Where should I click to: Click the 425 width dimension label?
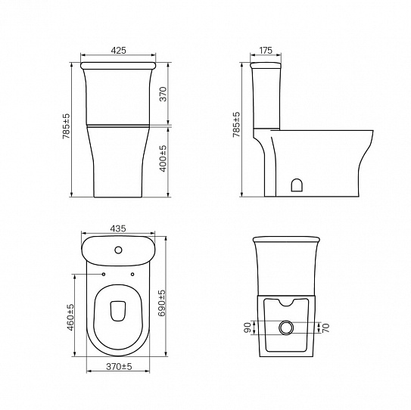point(119,50)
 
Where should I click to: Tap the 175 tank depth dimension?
point(266,50)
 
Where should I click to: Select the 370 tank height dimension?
point(163,94)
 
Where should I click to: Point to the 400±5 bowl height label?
point(163,159)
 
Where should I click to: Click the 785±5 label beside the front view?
point(67,126)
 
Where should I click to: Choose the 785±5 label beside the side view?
point(236,125)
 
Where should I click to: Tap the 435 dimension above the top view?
point(118,228)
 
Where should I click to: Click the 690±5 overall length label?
point(162,303)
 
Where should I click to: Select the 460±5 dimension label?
point(70,317)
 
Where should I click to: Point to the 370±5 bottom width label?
point(119,367)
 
